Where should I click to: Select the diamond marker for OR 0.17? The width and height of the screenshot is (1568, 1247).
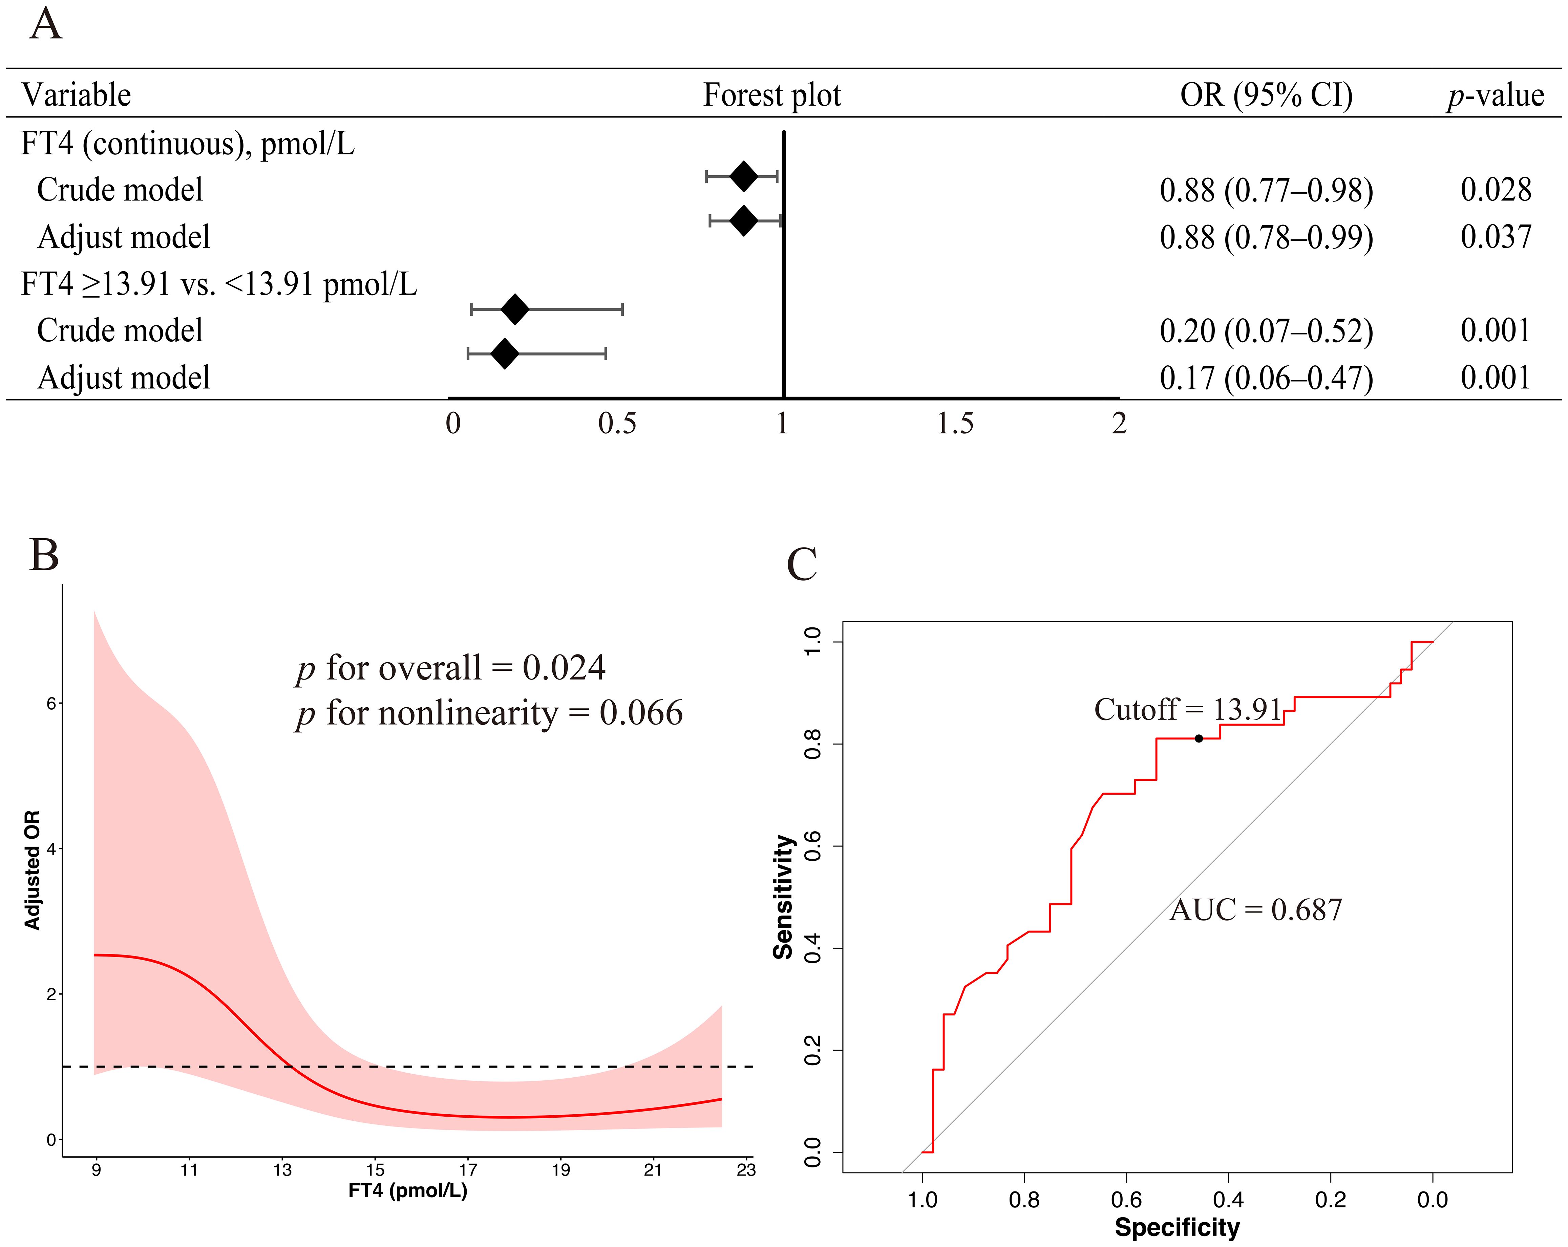(x=505, y=354)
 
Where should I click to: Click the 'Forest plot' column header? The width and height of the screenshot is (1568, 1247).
(x=771, y=95)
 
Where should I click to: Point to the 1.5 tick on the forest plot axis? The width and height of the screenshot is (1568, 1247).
(x=955, y=423)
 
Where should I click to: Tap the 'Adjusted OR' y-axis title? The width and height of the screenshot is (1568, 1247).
(x=32, y=870)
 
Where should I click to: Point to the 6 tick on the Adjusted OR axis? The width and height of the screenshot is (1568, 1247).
(x=51, y=703)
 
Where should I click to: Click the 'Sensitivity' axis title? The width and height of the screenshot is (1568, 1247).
(x=783, y=897)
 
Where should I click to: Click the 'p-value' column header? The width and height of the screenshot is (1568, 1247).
(x=1495, y=95)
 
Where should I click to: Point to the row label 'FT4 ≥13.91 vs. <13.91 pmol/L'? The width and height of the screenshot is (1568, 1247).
(x=219, y=284)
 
